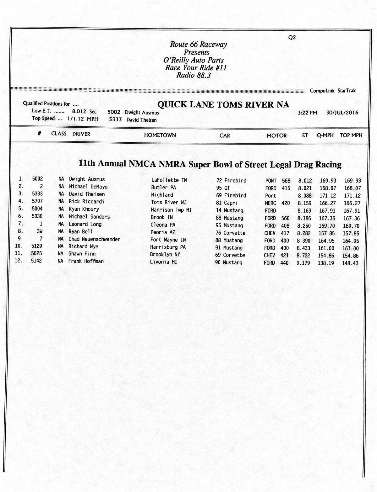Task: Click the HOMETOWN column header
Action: click(160, 135)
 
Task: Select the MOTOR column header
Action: click(276, 135)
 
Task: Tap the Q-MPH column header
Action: click(325, 135)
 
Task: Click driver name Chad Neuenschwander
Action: click(95, 239)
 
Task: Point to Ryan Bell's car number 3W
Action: click(40, 232)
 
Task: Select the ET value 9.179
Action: click(303, 263)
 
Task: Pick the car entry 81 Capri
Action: click(227, 203)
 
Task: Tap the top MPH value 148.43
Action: click(350, 263)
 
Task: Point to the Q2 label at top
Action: click(292, 38)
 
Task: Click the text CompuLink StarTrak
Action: click(333, 91)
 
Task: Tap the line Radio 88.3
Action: click(194, 75)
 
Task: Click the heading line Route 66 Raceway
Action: click(198, 45)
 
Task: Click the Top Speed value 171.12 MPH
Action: click(83, 119)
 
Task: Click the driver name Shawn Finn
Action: click(82, 254)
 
